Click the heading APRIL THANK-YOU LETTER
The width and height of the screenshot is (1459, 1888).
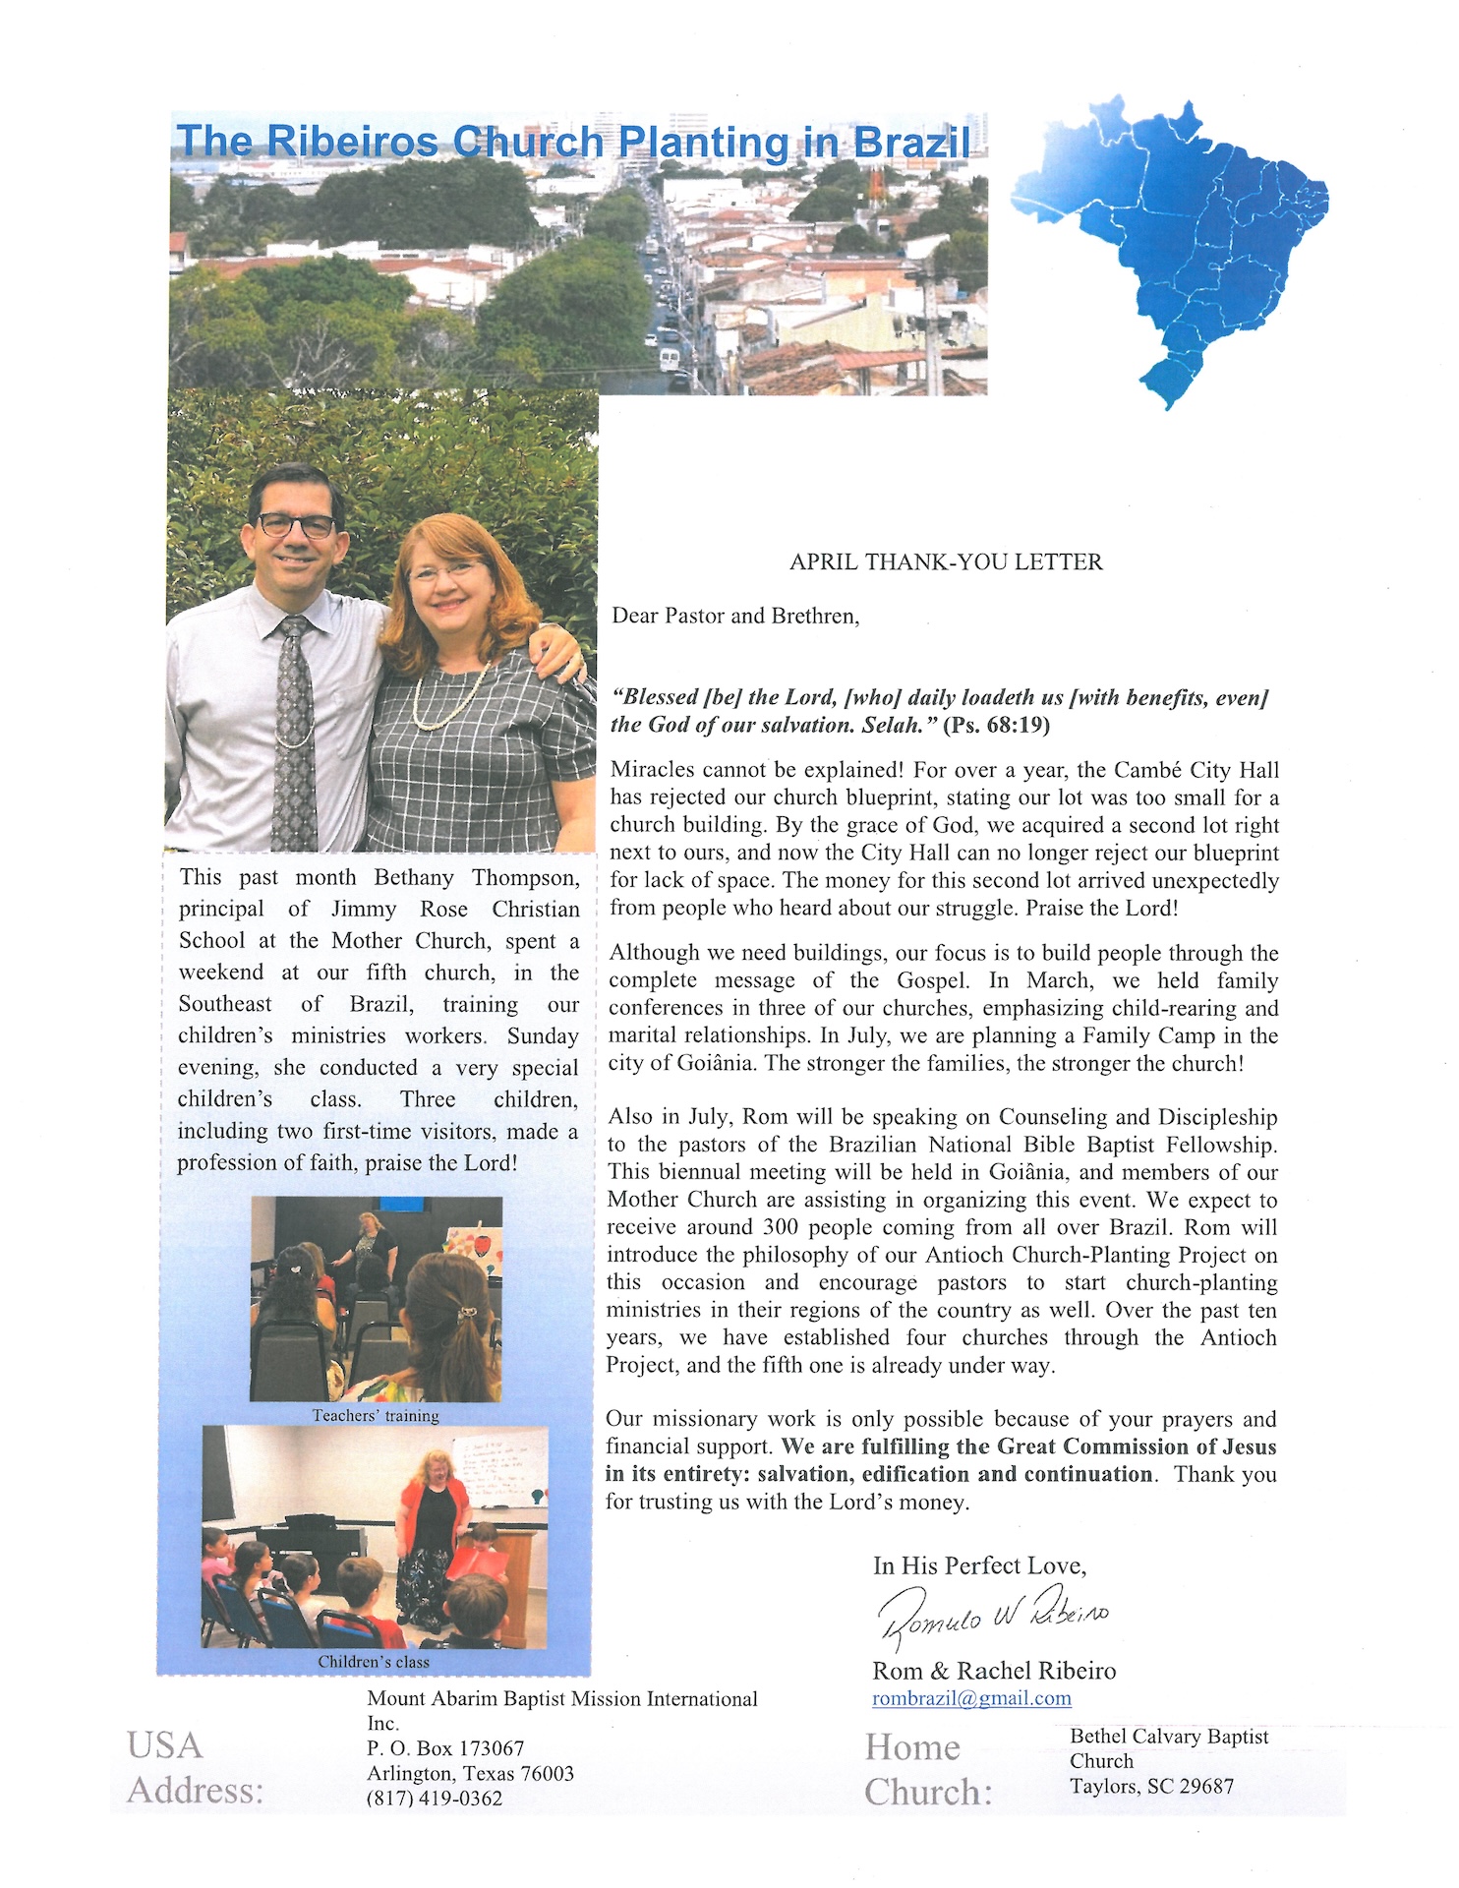[946, 562]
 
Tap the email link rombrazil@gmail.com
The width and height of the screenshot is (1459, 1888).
[971, 1698]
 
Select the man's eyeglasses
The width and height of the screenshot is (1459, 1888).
[296, 526]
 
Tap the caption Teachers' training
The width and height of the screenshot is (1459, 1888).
[376, 1416]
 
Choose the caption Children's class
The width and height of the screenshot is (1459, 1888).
[374, 1662]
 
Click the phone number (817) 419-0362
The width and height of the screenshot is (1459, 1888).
[435, 1799]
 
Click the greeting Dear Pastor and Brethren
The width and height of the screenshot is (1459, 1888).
[735, 617]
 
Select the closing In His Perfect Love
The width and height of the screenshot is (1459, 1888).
[979, 1565]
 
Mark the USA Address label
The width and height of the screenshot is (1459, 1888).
[195, 1768]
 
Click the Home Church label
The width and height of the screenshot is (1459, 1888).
[928, 1770]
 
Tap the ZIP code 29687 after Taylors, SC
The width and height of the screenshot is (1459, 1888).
[1205, 1787]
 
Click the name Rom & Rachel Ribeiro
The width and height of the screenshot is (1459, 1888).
[994, 1671]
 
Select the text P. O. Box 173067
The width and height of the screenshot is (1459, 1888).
[445, 1748]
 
